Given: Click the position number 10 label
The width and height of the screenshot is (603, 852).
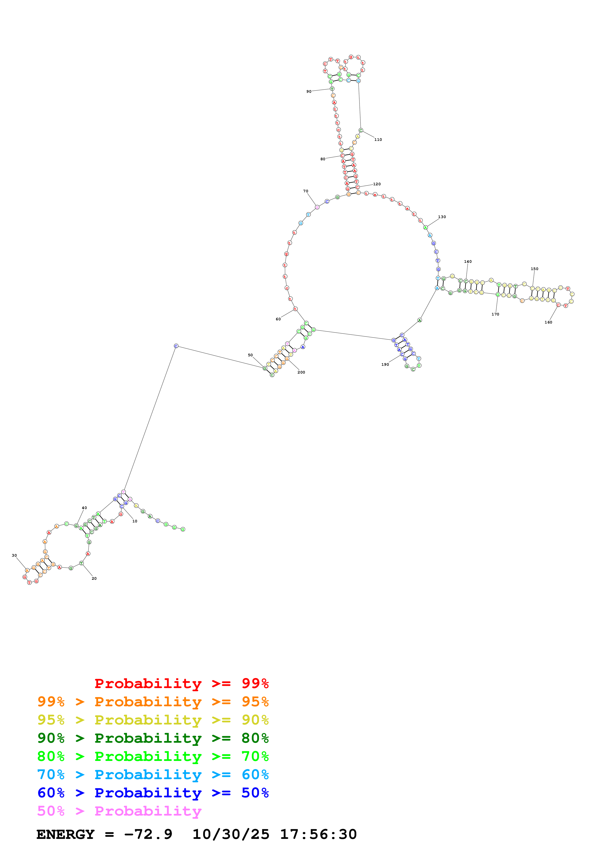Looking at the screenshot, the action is pyautogui.click(x=135, y=521).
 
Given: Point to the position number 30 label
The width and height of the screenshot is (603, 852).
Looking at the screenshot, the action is pyautogui.click(x=14, y=555).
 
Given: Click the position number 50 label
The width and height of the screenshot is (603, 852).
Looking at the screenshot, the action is pyautogui.click(x=250, y=355).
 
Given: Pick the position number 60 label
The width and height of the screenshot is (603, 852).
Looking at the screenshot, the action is pyautogui.click(x=278, y=319).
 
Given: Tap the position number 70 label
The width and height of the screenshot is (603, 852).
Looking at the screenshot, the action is pyautogui.click(x=306, y=191).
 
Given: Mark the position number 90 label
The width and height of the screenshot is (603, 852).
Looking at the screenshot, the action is pyautogui.click(x=309, y=91).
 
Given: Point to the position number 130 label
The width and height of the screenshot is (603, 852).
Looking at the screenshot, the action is pyautogui.click(x=442, y=217).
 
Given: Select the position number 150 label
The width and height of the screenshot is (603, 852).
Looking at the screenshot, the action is pyautogui.click(x=534, y=269).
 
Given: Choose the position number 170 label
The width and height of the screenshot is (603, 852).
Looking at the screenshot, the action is pyautogui.click(x=495, y=314).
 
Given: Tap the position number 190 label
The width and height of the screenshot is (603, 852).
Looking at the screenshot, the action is pyautogui.click(x=385, y=364).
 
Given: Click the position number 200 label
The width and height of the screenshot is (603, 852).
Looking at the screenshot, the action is pyautogui.click(x=301, y=372).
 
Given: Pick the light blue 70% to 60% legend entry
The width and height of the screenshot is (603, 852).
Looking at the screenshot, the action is pyautogui.click(x=153, y=775).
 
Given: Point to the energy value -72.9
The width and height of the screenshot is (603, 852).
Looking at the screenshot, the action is pyautogui.click(x=148, y=834).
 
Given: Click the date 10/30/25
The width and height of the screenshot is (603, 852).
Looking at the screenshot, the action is pyautogui.click(x=231, y=834).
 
